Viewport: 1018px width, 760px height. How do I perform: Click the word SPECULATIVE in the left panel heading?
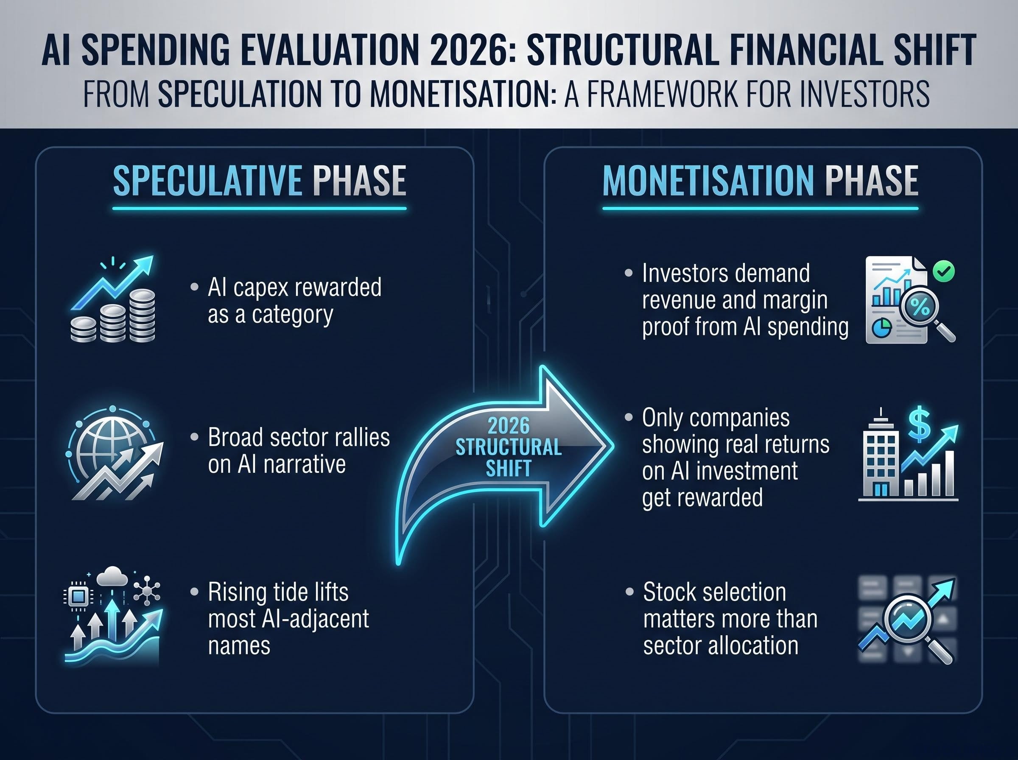pos(207,180)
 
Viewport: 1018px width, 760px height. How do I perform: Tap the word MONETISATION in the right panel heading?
pos(709,180)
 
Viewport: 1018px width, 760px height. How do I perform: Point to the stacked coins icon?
pos(113,316)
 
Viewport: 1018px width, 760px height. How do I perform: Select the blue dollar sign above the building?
pos(919,423)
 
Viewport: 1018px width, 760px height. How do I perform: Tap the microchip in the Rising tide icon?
pos(78,597)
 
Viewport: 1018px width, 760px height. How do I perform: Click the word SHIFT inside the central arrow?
pos(508,469)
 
